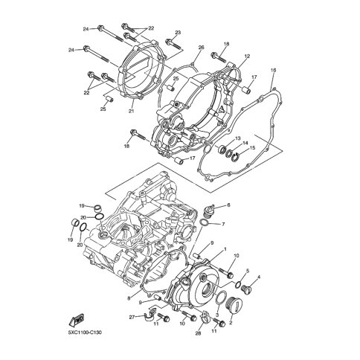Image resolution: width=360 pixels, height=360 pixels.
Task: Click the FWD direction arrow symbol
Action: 77,319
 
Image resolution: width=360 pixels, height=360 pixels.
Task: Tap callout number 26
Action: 201,47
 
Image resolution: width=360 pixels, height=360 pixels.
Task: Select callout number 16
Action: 273,70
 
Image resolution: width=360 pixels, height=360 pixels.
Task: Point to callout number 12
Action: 247,56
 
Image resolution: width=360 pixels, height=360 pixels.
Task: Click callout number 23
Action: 178,33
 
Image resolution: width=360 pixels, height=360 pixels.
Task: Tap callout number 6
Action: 228,205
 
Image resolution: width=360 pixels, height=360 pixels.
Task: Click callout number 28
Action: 198,333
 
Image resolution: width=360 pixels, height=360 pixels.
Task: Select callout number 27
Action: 132,317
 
